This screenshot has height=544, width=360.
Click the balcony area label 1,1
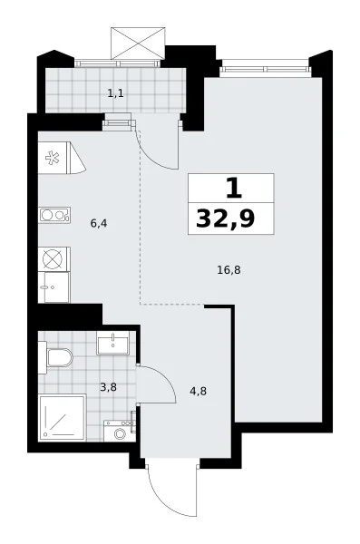point(115,93)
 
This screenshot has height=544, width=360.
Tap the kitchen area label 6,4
point(99,223)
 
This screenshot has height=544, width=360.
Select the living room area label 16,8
point(229,269)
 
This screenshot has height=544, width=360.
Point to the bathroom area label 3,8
point(108,387)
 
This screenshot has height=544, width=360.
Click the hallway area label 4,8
point(199,392)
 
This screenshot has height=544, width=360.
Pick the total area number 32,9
point(226,219)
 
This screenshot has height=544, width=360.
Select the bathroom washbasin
point(113,343)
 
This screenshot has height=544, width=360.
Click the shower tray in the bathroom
point(63,417)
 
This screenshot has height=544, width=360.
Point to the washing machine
point(120,431)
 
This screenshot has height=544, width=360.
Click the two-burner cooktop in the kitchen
point(54,215)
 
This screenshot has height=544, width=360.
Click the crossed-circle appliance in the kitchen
point(54,258)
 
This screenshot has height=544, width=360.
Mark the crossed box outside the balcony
point(138,44)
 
